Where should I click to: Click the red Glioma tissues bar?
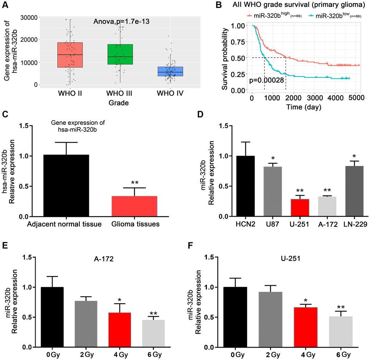135,206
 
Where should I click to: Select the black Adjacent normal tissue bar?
66,185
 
